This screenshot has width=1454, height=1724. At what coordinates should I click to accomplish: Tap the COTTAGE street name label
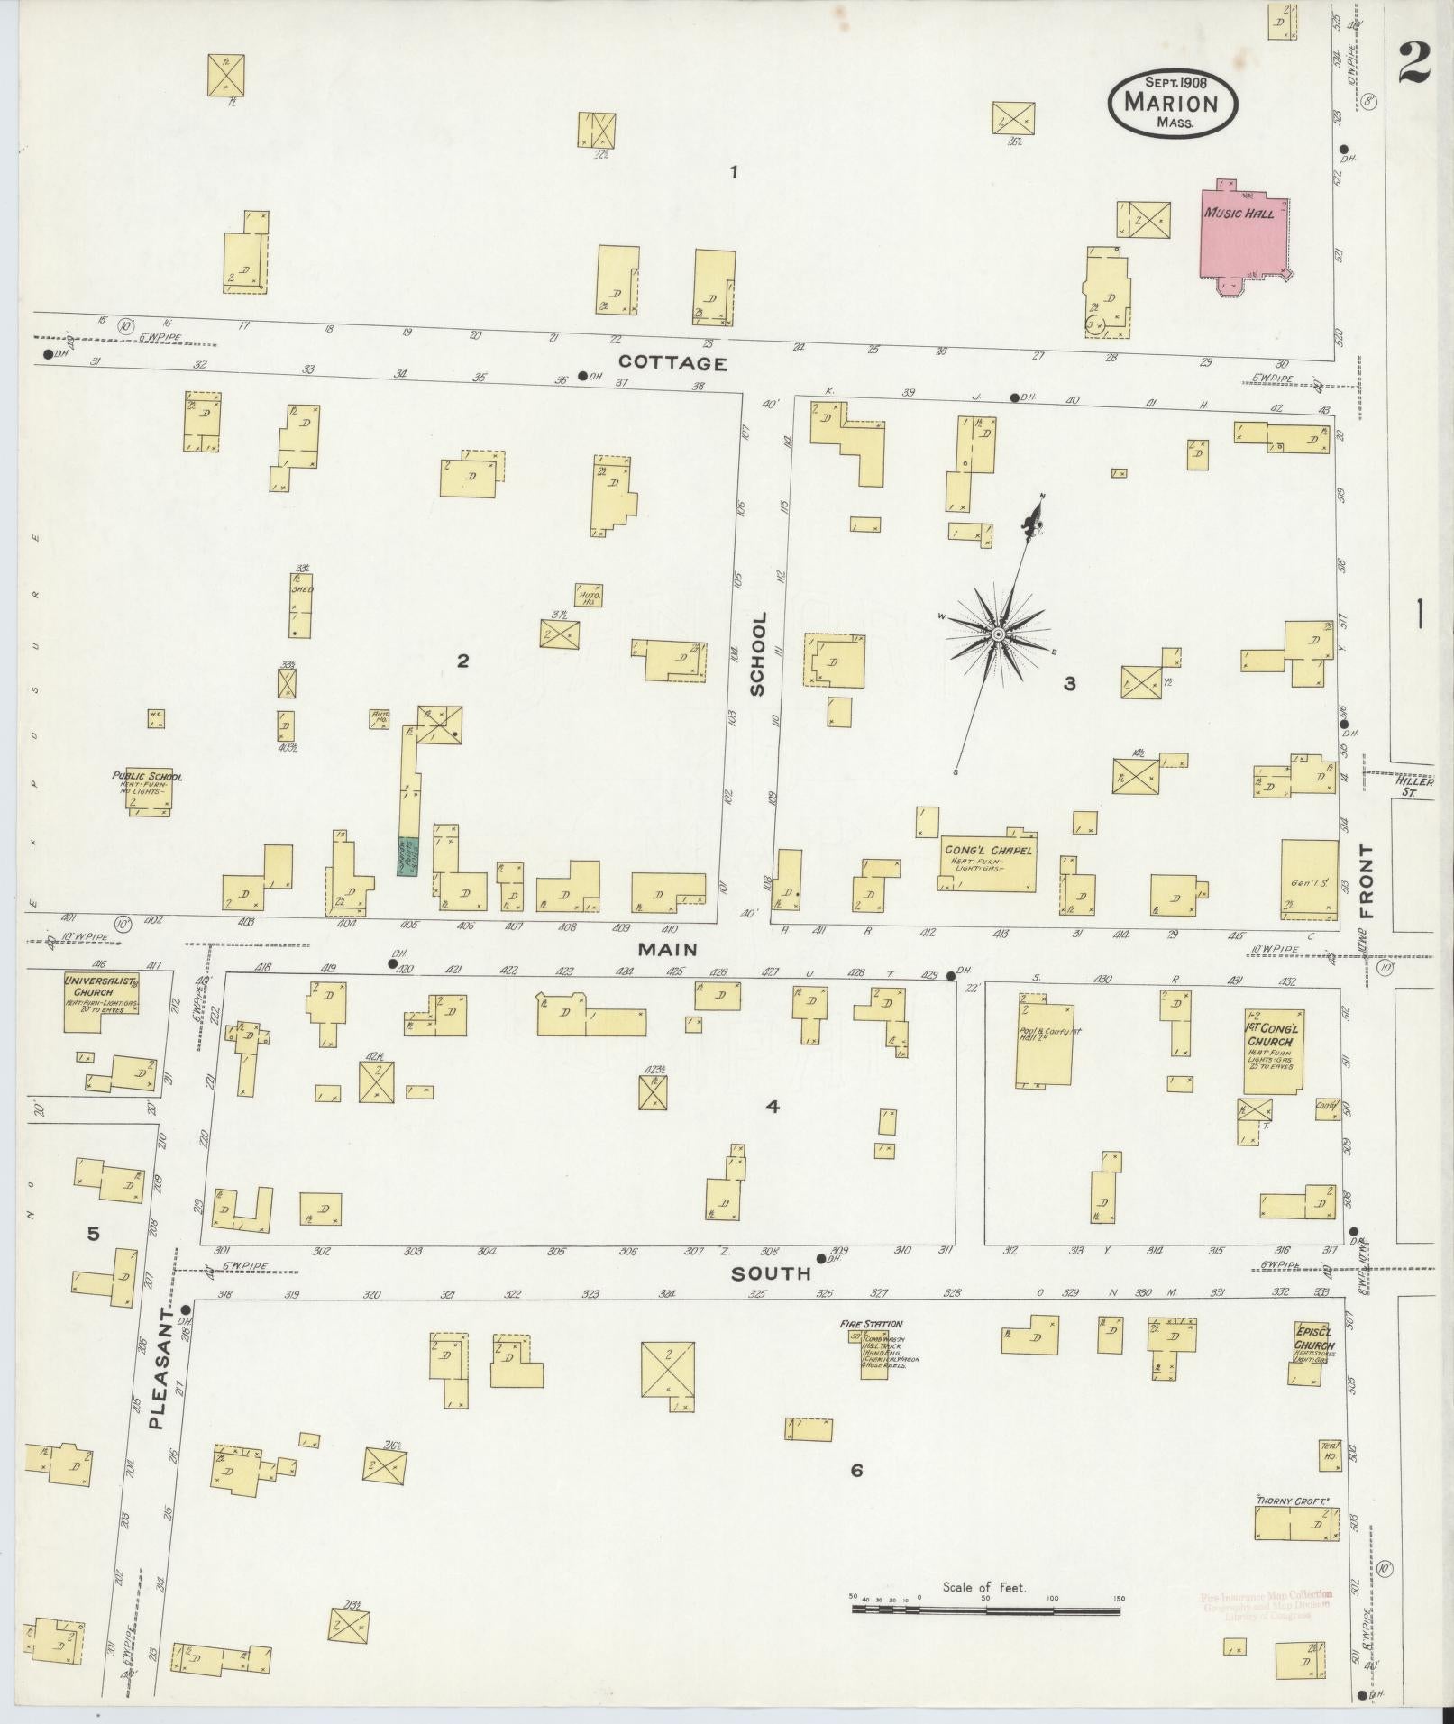672,363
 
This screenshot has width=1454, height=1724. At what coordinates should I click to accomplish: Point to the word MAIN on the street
668,949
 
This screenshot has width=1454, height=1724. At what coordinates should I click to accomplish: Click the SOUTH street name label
771,1273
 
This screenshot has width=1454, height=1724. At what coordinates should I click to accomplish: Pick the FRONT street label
1367,880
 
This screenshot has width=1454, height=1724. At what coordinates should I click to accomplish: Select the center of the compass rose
998,635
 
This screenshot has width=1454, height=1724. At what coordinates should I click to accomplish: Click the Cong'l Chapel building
987,861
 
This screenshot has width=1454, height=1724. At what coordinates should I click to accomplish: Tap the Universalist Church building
100,1001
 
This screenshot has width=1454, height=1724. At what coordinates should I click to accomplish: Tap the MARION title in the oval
1171,103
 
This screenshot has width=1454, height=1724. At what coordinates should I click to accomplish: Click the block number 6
855,1470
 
